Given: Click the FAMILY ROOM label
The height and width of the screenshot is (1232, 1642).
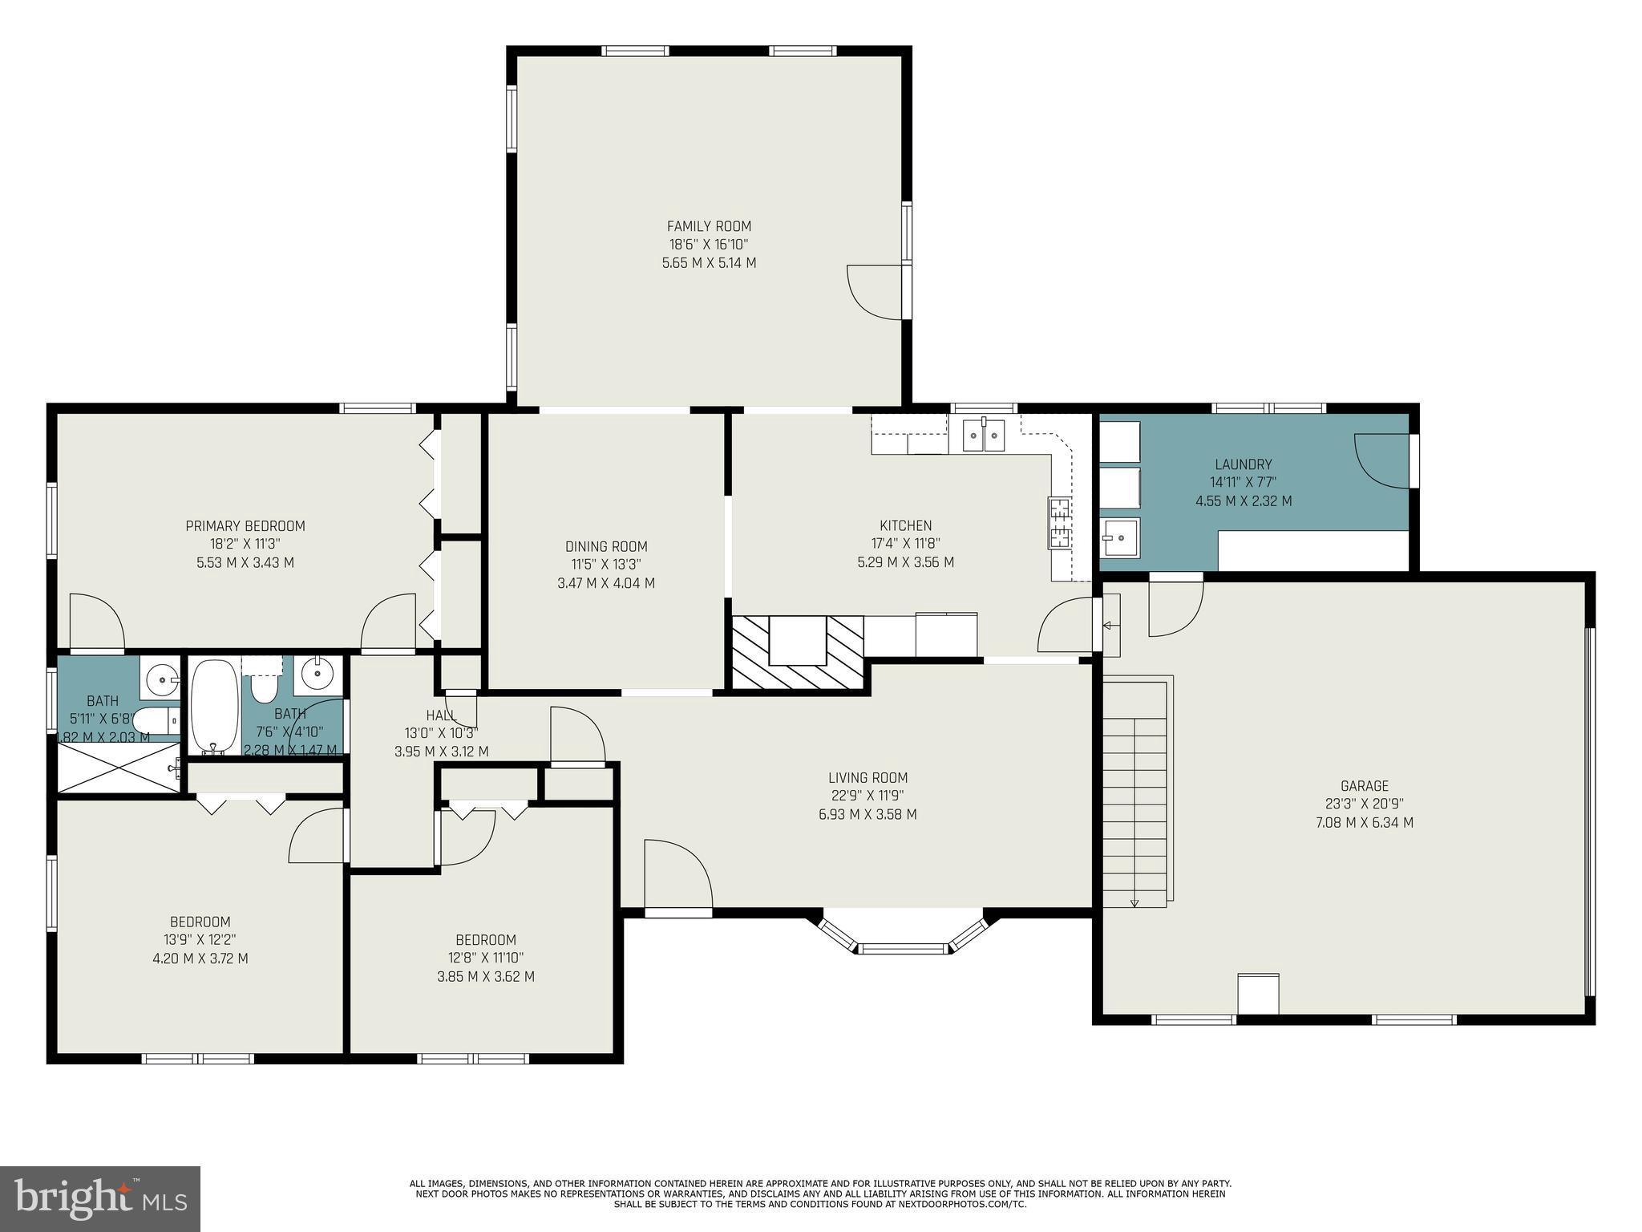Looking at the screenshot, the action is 709,226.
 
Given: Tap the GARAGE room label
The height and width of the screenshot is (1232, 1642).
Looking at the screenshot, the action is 1364,786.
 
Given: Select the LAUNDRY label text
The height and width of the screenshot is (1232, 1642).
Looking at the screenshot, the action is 1243,464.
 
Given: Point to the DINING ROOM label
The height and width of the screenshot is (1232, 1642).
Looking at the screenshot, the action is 606,547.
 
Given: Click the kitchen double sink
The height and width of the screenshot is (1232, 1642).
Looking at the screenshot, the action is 984,435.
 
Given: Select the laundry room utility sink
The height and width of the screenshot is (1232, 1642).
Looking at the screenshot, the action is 1119,537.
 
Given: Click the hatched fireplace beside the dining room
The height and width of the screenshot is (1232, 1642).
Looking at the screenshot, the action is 799,652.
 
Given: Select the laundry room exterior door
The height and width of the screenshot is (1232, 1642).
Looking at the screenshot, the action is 1382,460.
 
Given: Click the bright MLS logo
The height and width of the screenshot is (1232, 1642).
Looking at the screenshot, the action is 99,1198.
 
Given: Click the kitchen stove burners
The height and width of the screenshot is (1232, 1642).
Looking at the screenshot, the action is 1060,523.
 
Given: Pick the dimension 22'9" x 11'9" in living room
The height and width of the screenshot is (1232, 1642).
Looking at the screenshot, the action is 868,796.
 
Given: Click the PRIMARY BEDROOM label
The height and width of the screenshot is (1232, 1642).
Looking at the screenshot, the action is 245,526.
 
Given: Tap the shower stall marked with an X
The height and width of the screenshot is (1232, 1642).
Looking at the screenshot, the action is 118,768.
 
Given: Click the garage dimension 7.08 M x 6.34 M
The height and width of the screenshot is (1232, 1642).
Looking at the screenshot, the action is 1365,823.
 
